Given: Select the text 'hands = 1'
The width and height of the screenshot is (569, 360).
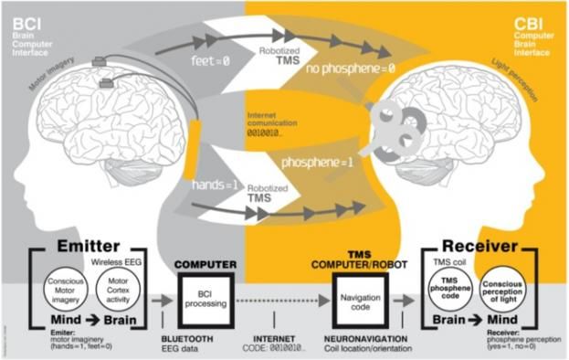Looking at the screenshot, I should pyautogui.click(x=212, y=184).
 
